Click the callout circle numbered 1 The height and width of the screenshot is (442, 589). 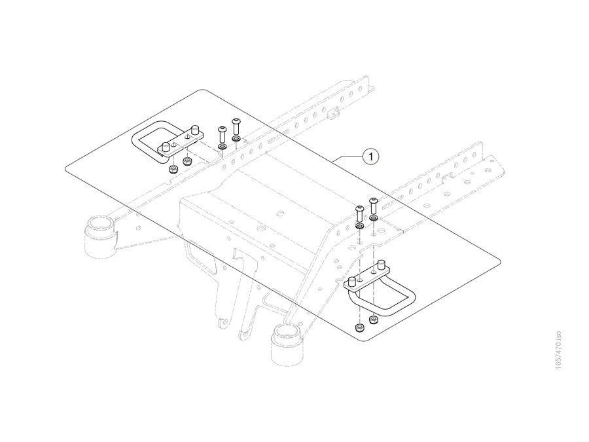[371, 156]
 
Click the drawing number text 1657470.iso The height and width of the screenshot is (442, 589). [559, 350]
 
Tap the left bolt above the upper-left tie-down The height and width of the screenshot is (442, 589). [221, 134]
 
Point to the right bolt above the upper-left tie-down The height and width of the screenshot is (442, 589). [236, 126]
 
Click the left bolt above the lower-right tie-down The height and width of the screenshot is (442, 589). [359, 213]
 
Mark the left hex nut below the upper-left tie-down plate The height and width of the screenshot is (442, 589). [173, 169]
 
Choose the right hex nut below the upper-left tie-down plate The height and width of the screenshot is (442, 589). [187, 161]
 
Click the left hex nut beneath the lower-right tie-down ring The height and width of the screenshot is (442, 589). [359, 327]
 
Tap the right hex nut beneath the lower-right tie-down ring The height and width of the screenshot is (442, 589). [374, 320]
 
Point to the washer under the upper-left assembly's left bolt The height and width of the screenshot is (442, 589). [222, 146]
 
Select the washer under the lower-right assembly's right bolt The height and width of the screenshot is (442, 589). [374, 218]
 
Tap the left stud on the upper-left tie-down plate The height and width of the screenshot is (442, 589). [166, 146]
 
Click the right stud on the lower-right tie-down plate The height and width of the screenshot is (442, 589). [382, 265]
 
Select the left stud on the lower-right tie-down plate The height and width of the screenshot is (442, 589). [353, 282]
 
